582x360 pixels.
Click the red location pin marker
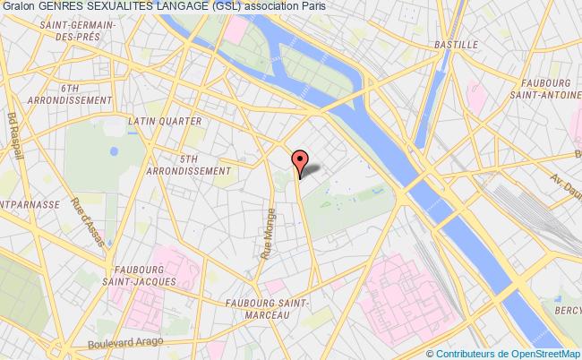[x=299, y=160]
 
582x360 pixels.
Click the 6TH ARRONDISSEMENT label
[x=71, y=95]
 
